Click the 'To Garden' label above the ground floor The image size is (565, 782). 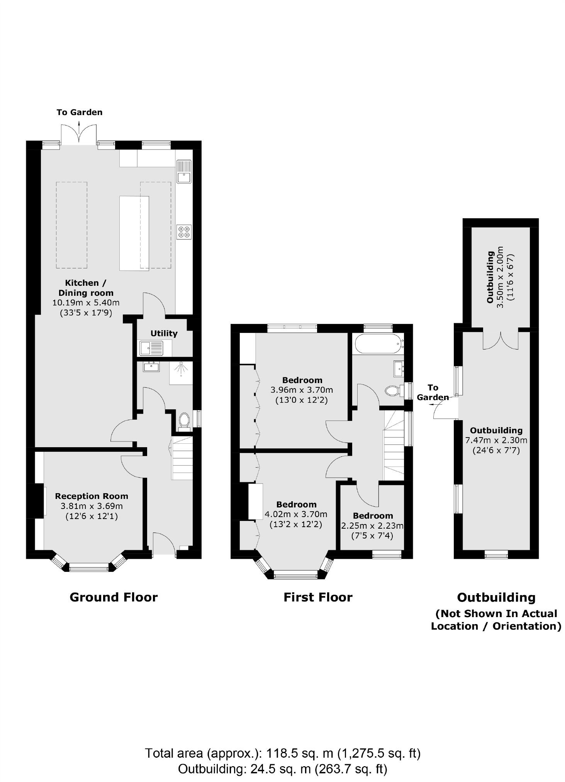click(79, 112)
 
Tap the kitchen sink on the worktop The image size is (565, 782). click(184, 171)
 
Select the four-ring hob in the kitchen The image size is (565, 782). click(184, 232)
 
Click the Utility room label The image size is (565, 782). click(164, 333)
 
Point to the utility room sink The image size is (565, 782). click(152, 348)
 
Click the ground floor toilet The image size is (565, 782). click(184, 421)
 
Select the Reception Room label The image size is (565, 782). click(92, 496)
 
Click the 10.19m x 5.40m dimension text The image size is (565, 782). click(86, 303)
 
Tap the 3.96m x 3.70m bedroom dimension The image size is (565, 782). click(302, 390)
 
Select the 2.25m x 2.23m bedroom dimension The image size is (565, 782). click(372, 526)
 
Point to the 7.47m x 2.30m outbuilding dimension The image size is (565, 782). click(496, 440)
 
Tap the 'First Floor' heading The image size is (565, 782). click(318, 597)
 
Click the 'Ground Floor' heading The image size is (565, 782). click(114, 597)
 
